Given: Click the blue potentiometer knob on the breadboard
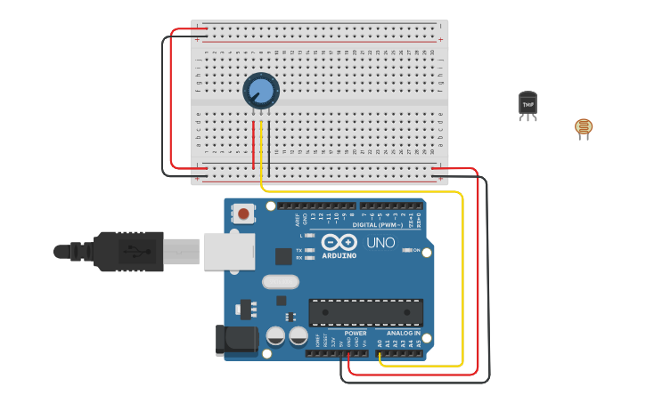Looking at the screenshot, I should click(x=261, y=91).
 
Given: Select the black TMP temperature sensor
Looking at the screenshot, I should click(x=528, y=104).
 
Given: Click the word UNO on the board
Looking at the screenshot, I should click(x=380, y=243).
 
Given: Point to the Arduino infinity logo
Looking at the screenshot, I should click(x=339, y=242).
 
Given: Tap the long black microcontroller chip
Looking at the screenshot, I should click(x=365, y=311).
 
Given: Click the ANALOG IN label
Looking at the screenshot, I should click(x=403, y=334).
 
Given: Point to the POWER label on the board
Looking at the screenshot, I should click(x=356, y=334).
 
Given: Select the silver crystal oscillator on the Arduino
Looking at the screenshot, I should click(x=281, y=282).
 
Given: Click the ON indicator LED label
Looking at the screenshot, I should click(x=417, y=250).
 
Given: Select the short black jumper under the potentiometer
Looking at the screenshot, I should click(x=269, y=147).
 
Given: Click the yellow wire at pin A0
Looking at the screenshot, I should click(x=382, y=357).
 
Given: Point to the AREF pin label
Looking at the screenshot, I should click(x=298, y=216).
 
